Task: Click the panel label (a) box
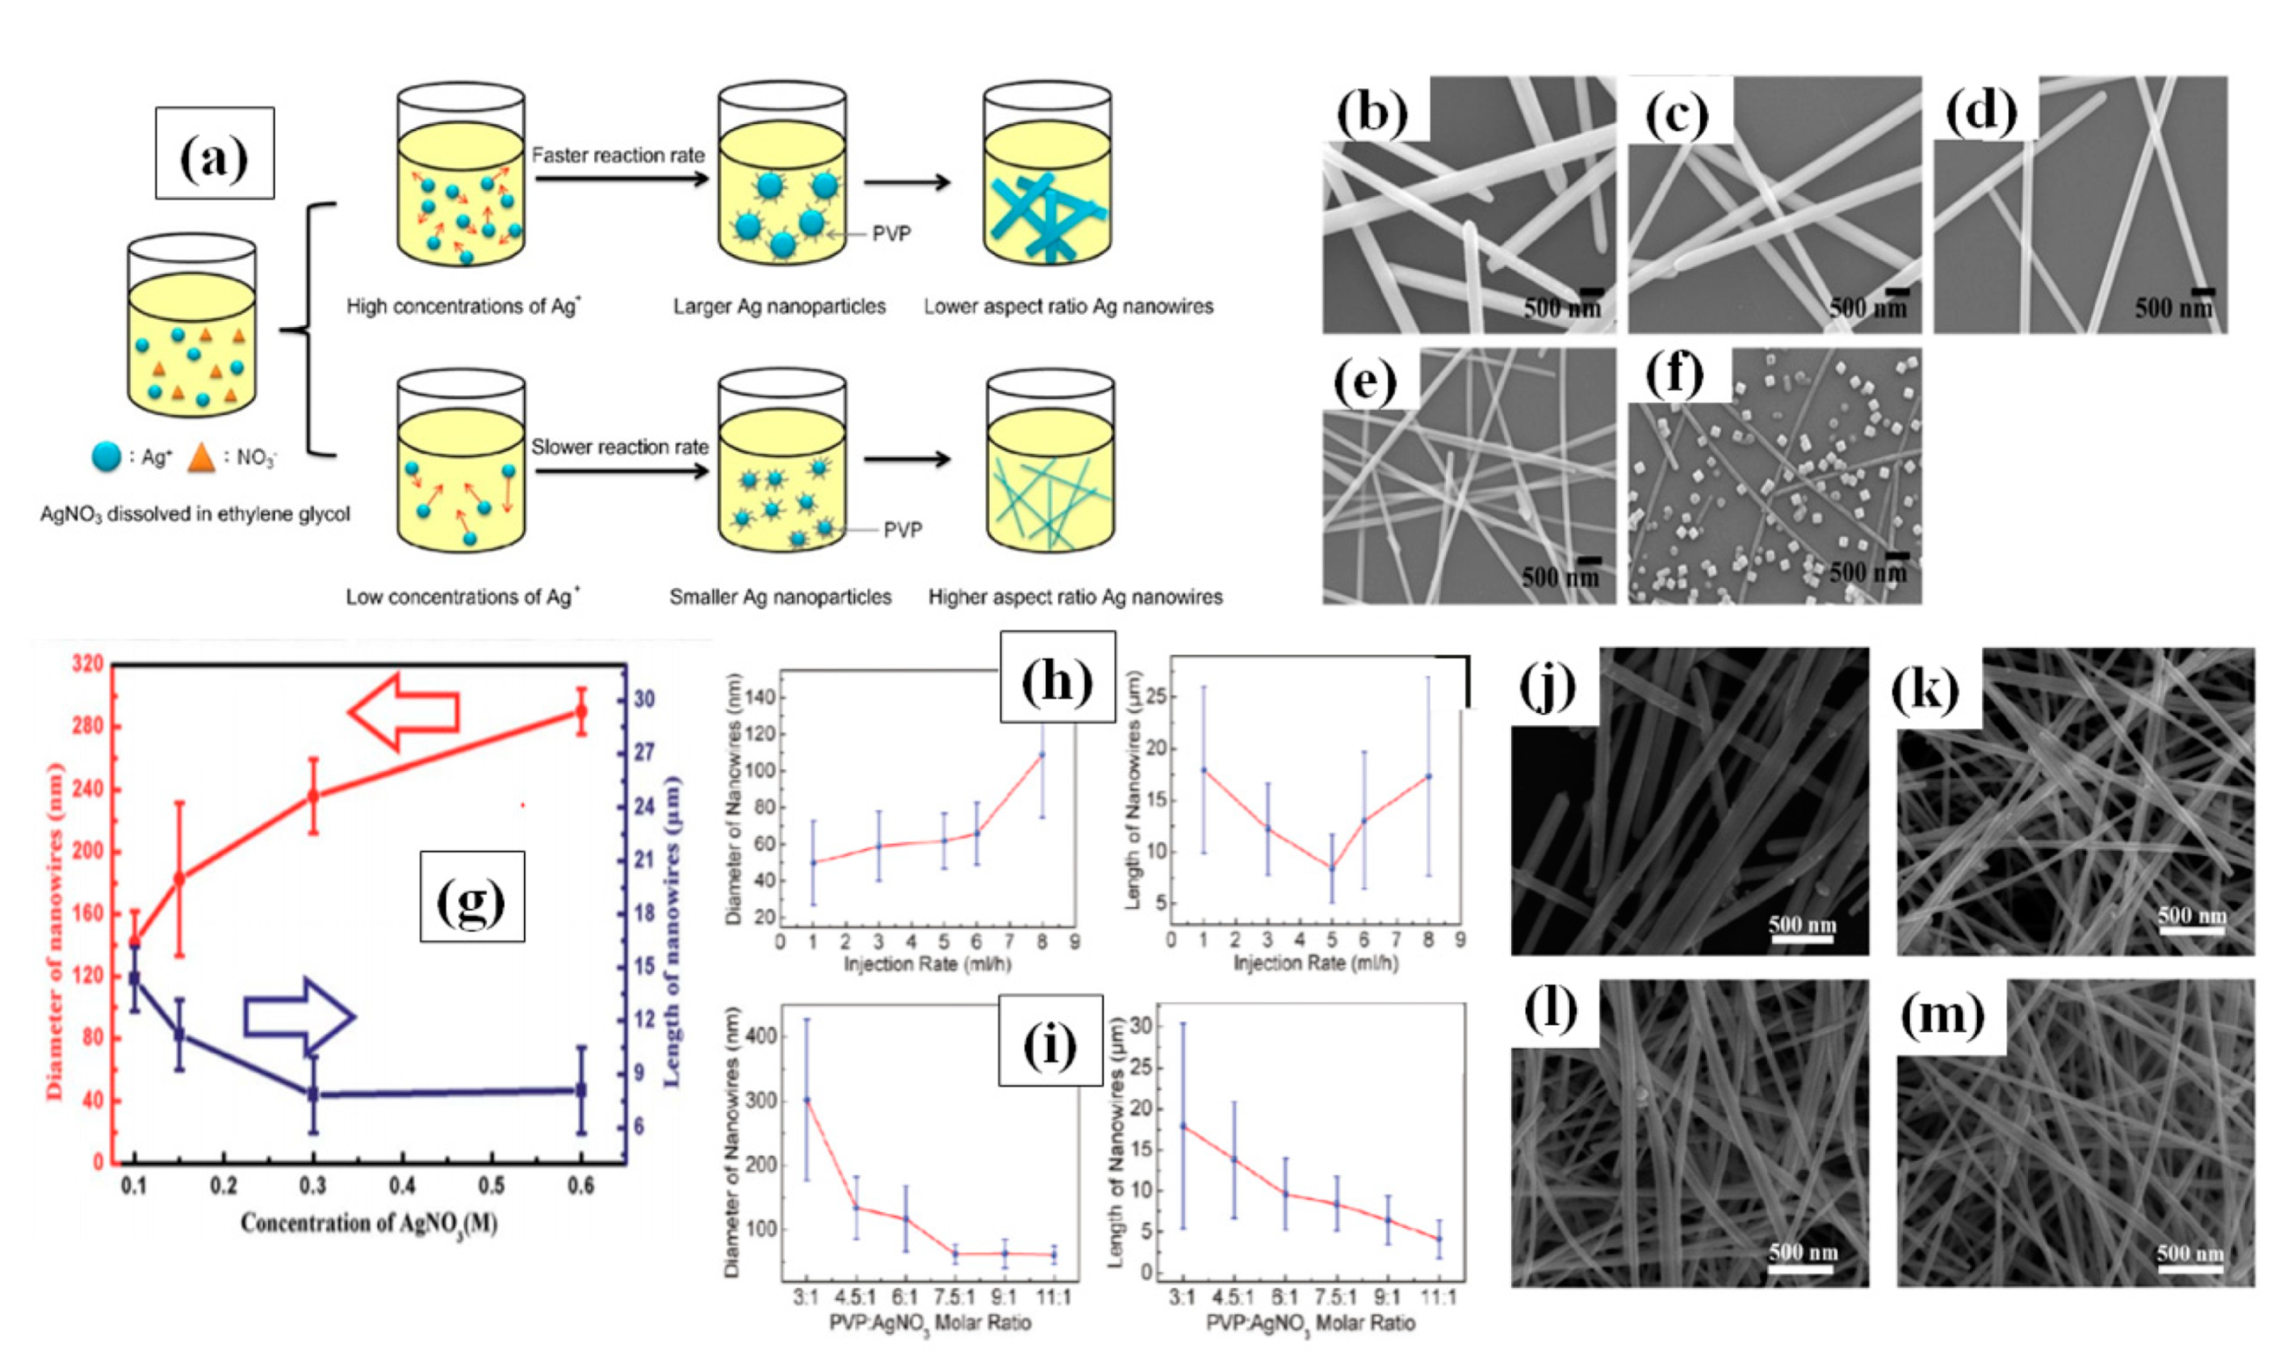pyautogui.click(x=214, y=153)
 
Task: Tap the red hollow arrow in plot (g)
pyautogui.click(x=404, y=711)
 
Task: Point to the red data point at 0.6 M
pyautogui.click(x=580, y=711)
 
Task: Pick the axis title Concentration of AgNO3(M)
pyautogui.click(x=369, y=1223)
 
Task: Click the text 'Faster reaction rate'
pyautogui.click(x=619, y=156)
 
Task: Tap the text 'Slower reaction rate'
pyautogui.click(x=620, y=447)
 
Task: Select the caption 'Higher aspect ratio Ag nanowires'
pyautogui.click(x=1075, y=597)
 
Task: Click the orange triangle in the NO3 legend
pyautogui.click(x=201, y=457)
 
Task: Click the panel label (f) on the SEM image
pyautogui.click(x=1674, y=374)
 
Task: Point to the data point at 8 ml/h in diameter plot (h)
pyautogui.click(x=1041, y=754)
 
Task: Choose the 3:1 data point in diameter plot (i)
pyautogui.click(x=807, y=1100)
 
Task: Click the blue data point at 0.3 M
pyautogui.click(x=313, y=1093)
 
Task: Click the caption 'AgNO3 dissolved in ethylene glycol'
pyautogui.click(x=195, y=514)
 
